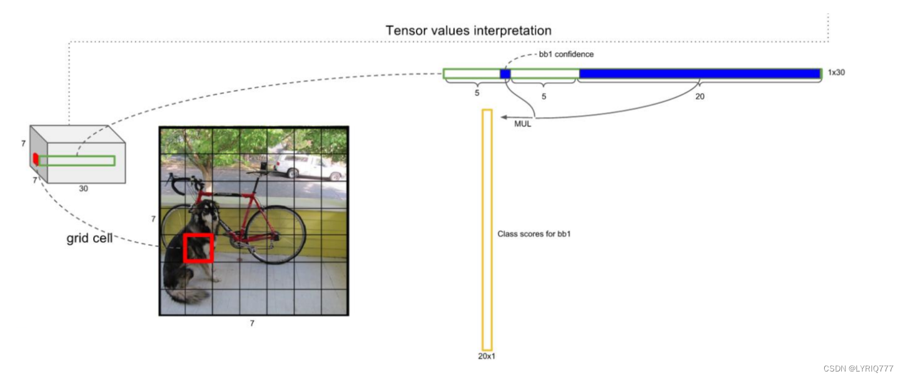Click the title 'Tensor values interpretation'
(468, 31)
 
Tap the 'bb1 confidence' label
(566, 54)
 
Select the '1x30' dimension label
(836, 73)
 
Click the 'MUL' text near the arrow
(522, 124)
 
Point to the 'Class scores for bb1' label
(534, 234)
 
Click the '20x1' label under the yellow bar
(487, 356)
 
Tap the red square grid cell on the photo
(198, 248)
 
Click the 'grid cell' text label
(89, 239)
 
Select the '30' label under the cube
(83, 188)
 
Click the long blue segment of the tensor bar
(700, 74)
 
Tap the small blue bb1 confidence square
(505, 74)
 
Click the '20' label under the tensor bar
(699, 97)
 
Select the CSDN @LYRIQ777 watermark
(859, 369)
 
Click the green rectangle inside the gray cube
(77, 161)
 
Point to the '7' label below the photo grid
(252, 323)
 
